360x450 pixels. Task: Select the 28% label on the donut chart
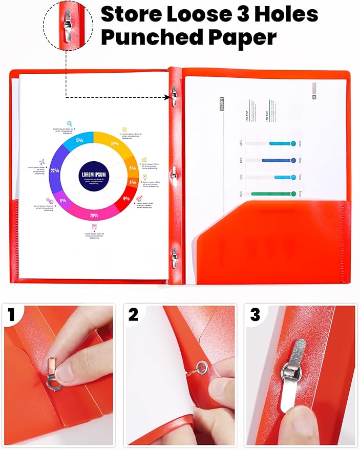(x=94, y=216)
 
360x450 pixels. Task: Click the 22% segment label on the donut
(x=55, y=170)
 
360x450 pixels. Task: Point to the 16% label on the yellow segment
(x=114, y=144)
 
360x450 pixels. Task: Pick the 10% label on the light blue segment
(x=79, y=140)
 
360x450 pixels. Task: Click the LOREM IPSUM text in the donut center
(x=94, y=175)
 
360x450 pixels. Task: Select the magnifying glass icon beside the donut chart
(x=70, y=123)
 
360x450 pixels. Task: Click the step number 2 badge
(x=133, y=315)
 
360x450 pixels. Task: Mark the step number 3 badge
(x=255, y=315)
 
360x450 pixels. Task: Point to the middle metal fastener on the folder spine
(x=175, y=174)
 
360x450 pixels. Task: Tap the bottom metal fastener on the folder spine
(x=175, y=254)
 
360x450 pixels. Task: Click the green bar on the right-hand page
(x=273, y=194)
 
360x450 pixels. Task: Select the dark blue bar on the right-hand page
(x=278, y=160)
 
